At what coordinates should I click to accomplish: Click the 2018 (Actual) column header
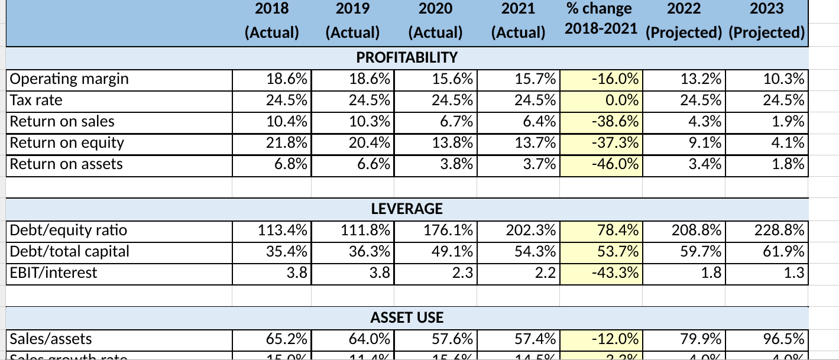coord(272,20)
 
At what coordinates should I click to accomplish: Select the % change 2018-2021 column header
coord(598,20)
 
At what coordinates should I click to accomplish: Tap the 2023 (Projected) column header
coord(767,20)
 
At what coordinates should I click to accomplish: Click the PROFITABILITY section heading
coord(407,57)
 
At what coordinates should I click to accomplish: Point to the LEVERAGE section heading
coord(407,209)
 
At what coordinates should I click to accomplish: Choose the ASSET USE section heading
coord(407,317)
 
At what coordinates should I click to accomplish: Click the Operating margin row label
coord(70,79)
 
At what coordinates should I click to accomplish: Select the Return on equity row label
coord(67,142)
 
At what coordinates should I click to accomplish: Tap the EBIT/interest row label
coord(54,273)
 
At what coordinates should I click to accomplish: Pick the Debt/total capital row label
coord(70,251)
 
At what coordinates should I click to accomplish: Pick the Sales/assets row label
coord(51,339)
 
